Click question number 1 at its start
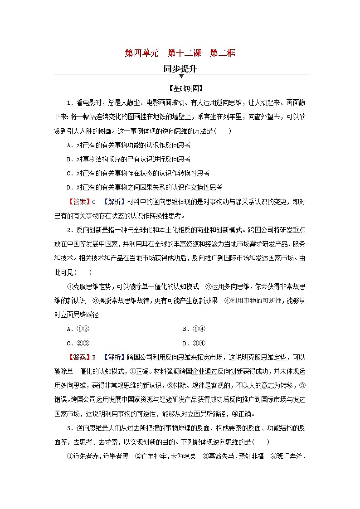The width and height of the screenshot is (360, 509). coord(69,102)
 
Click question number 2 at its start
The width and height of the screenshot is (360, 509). coord(69,229)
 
